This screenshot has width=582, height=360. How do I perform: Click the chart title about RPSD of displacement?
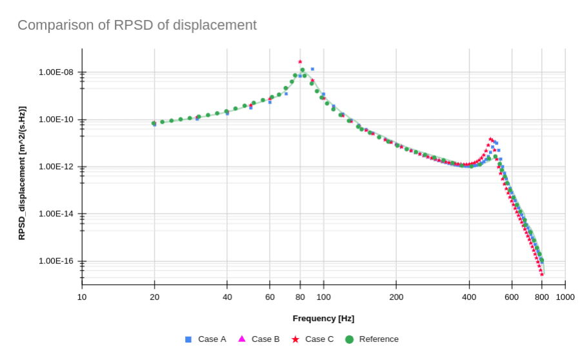(137, 25)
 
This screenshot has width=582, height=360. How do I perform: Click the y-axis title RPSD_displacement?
(22, 173)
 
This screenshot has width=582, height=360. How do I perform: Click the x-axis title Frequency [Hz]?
(323, 319)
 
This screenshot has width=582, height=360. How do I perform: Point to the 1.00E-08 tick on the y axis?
(56, 72)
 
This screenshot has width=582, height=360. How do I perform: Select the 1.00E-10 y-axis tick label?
(56, 119)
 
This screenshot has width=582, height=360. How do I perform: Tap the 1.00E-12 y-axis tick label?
(56, 166)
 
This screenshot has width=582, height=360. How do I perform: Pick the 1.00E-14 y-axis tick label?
(56, 214)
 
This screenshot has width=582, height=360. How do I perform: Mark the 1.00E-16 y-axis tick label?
(56, 261)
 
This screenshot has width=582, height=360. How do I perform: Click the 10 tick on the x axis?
(82, 297)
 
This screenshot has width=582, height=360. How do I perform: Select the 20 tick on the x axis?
(155, 297)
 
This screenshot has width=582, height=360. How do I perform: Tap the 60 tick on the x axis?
(270, 297)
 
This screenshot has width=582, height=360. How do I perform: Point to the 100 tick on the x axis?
(323, 297)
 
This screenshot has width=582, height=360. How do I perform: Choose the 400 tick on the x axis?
(469, 297)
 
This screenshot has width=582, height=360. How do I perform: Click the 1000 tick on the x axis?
(565, 297)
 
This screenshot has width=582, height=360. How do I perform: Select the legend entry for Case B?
(259, 339)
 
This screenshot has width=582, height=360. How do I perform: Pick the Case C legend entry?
(313, 339)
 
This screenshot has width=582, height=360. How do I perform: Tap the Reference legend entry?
(372, 339)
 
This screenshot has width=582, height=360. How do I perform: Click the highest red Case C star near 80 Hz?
(300, 62)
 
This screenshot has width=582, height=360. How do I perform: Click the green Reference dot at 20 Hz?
(154, 123)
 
